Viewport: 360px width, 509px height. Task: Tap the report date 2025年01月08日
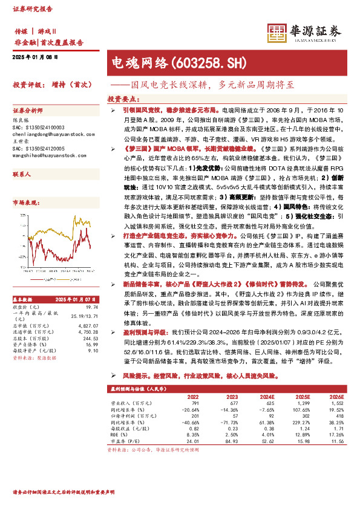[x=34, y=56]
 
